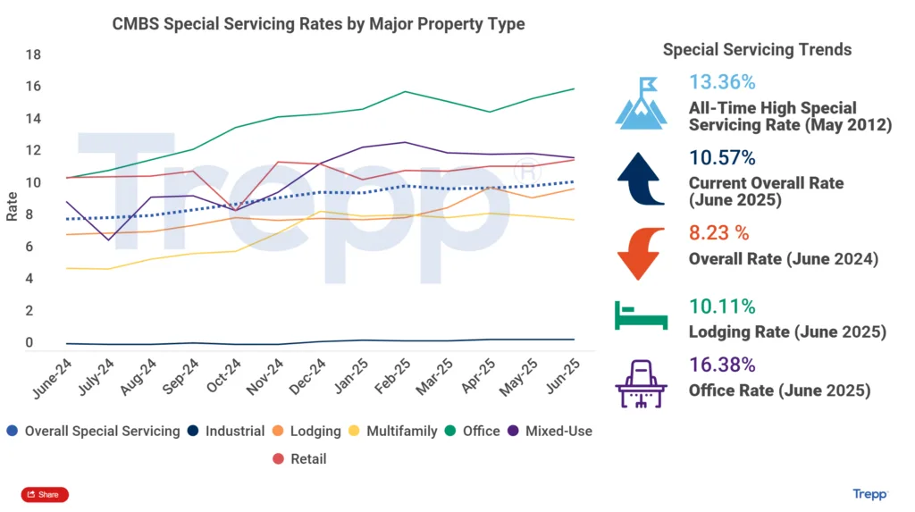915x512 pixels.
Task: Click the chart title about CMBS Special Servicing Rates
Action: [x=318, y=24]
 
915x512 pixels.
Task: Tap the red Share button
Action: [x=44, y=494]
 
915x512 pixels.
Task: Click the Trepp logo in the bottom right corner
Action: [x=870, y=494]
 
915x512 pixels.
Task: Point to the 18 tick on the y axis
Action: [x=34, y=55]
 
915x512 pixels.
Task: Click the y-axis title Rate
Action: [x=12, y=207]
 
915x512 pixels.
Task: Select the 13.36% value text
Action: [x=722, y=82]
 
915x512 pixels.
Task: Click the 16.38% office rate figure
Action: [x=722, y=365]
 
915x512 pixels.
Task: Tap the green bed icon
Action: [x=641, y=315]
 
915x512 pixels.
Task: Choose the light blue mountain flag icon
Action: [x=641, y=102]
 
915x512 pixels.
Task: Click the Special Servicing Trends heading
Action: [x=757, y=49]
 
